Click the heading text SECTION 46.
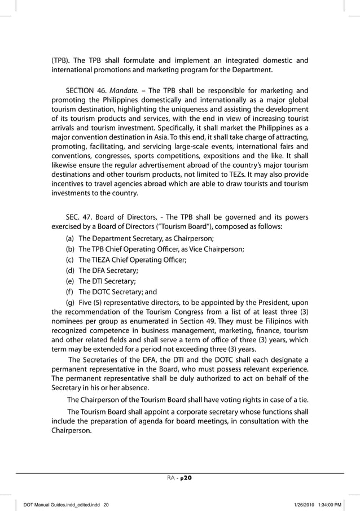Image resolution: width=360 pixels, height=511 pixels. tap(85, 90)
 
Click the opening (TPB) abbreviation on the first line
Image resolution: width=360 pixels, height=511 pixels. tap(61, 60)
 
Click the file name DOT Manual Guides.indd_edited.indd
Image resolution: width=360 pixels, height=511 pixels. tap(64, 504)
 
